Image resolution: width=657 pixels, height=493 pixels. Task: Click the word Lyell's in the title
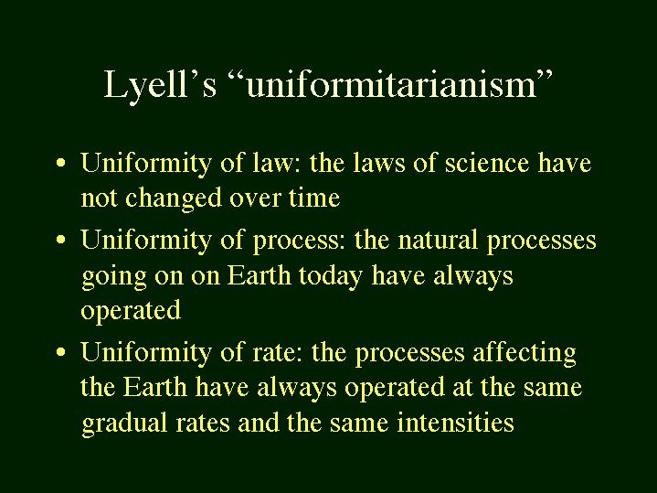pyautogui.click(x=160, y=86)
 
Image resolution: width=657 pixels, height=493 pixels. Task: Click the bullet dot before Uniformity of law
pyautogui.click(x=60, y=163)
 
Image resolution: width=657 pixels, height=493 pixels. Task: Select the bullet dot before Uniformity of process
pyautogui.click(x=60, y=240)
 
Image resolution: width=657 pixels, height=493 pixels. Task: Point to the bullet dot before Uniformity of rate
pyautogui.click(x=60, y=351)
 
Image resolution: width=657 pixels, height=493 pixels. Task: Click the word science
pyautogui.click(x=486, y=163)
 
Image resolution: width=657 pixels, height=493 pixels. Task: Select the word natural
pyautogui.click(x=437, y=240)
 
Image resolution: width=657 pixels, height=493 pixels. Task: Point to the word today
pyautogui.click(x=331, y=276)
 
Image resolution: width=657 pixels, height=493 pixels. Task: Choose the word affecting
pyautogui.click(x=525, y=353)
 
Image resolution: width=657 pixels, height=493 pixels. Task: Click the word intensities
pyautogui.click(x=455, y=422)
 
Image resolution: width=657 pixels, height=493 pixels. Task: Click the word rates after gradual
pyautogui.click(x=203, y=423)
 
